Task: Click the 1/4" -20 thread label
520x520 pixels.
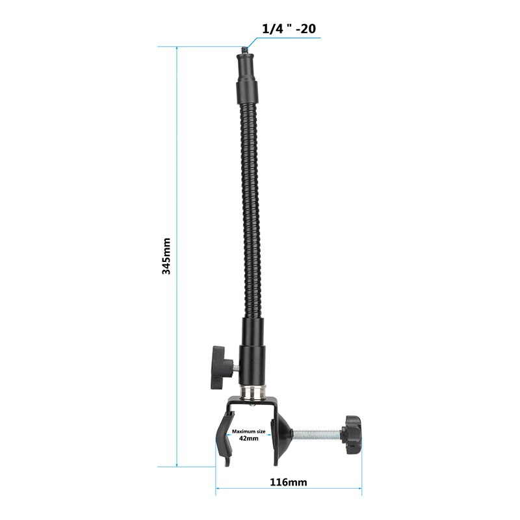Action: click(x=289, y=29)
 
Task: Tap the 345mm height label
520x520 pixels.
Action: click(x=166, y=255)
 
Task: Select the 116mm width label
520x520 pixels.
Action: click(x=289, y=482)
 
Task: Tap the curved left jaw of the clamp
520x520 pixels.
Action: click(x=224, y=439)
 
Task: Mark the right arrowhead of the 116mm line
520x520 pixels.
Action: click(x=359, y=489)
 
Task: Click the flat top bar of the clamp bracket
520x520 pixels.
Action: click(x=253, y=404)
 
